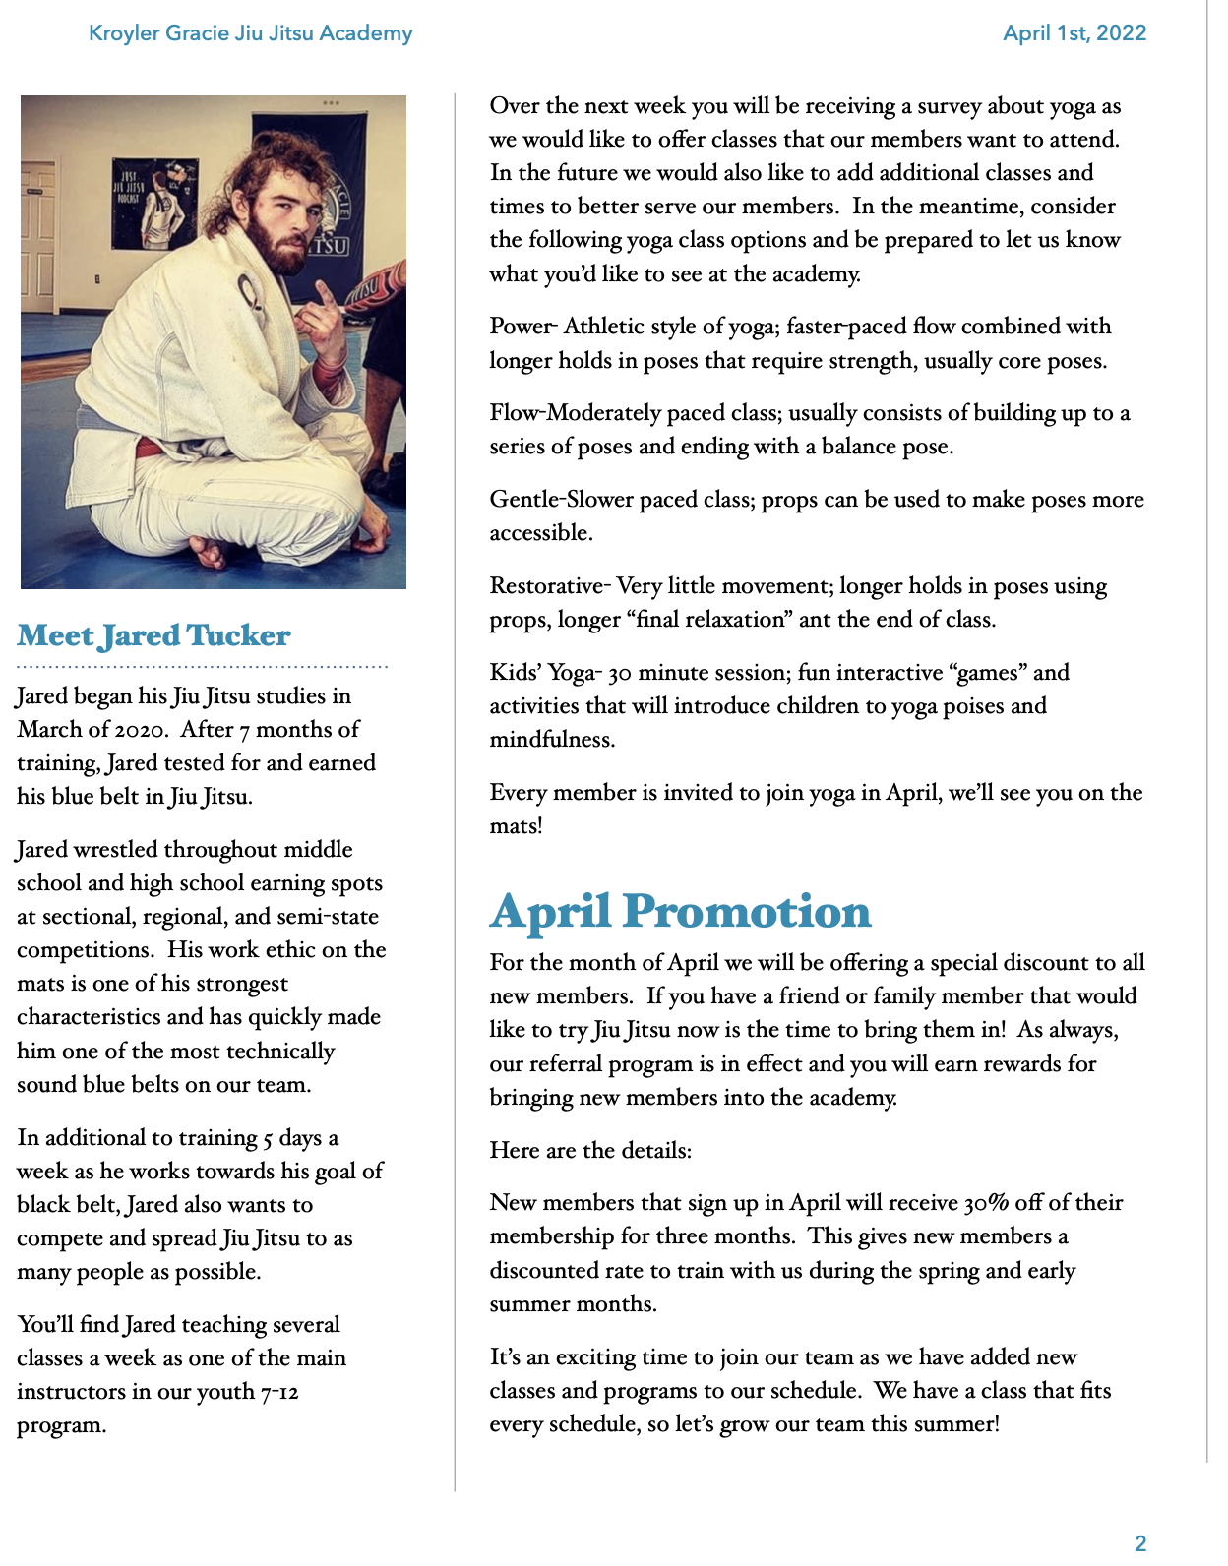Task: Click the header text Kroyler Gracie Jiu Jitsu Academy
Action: click(250, 33)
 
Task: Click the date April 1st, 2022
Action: click(1074, 33)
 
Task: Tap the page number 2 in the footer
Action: click(1140, 1542)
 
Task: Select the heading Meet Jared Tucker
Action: click(153, 635)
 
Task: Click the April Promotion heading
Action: click(680, 911)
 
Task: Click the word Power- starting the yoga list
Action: click(523, 327)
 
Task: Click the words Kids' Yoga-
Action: click(545, 673)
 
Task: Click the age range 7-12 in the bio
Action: click(280, 1392)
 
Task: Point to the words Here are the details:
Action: click(590, 1151)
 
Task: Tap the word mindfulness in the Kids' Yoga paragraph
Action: click(552, 740)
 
